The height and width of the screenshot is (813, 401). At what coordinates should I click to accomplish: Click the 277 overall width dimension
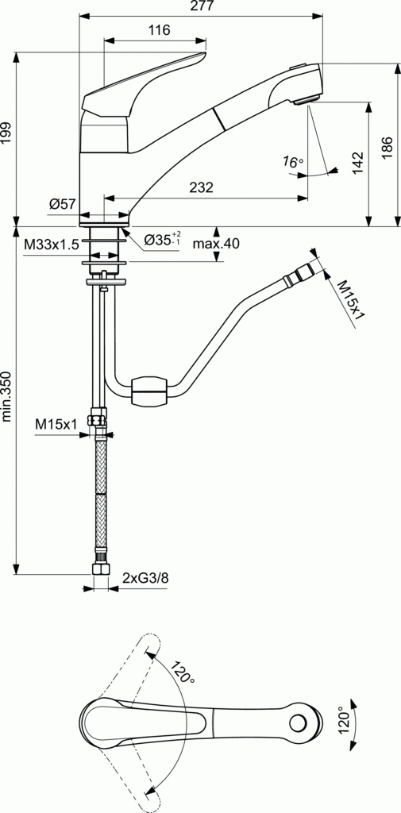pyautogui.click(x=200, y=7)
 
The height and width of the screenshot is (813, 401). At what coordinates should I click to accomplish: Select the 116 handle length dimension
pyautogui.click(x=159, y=31)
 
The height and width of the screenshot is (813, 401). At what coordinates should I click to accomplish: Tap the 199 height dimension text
pyautogui.click(x=7, y=133)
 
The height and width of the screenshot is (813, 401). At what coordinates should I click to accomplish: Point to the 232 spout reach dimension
pyautogui.click(x=201, y=188)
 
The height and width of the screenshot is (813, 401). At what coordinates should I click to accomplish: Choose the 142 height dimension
pyautogui.click(x=358, y=163)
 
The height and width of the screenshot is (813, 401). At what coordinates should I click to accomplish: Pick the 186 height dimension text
pyautogui.click(x=386, y=146)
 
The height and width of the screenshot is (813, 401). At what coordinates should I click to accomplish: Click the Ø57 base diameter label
pyautogui.click(x=62, y=205)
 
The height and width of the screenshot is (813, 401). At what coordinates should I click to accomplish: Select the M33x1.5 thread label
pyautogui.click(x=51, y=245)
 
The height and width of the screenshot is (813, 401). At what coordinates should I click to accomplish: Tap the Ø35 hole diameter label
pyautogui.click(x=162, y=240)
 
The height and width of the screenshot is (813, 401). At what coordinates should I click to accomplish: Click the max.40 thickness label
pyautogui.click(x=215, y=244)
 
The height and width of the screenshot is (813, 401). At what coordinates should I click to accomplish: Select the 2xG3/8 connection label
pyautogui.click(x=145, y=578)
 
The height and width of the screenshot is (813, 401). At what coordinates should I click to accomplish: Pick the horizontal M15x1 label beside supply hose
pyautogui.click(x=56, y=425)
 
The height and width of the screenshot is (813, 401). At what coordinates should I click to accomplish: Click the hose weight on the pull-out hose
pyautogui.click(x=148, y=391)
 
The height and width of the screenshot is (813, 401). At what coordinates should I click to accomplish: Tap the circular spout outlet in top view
pyautogui.click(x=299, y=723)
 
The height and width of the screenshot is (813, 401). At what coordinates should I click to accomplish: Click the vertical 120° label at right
pyautogui.click(x=343, y=722)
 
